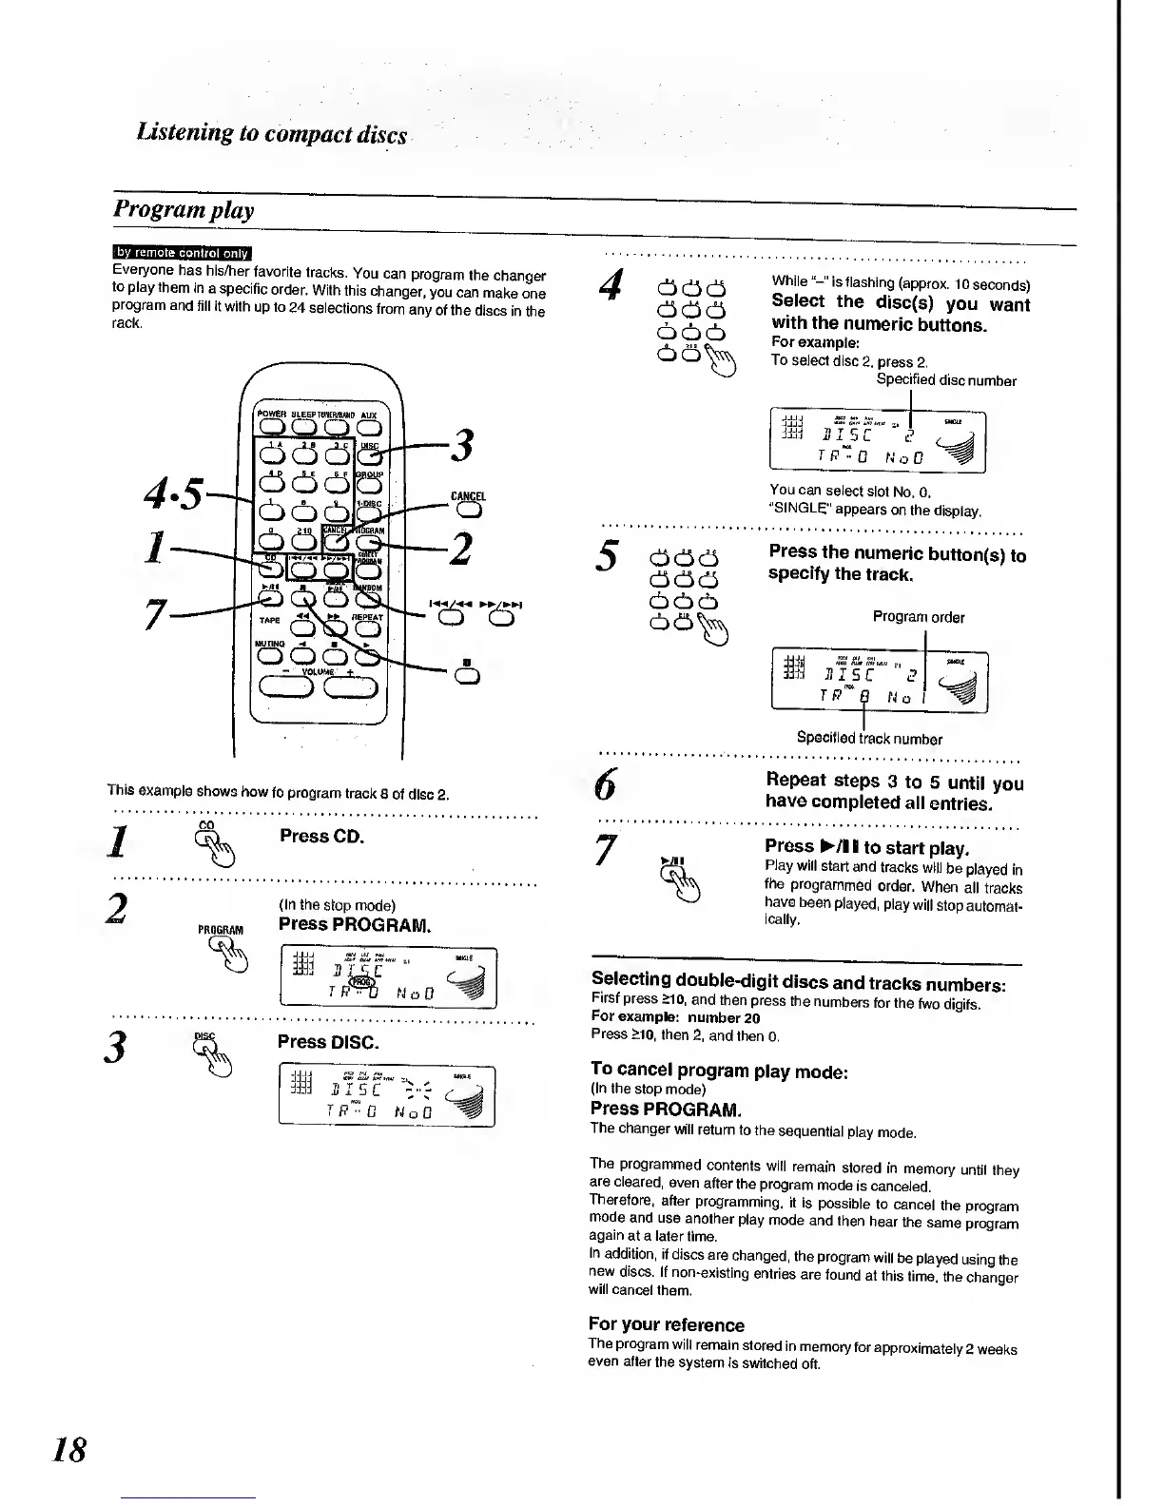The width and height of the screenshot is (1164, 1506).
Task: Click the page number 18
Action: click(69, 1449)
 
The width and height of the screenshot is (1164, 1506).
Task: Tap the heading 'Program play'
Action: click(184, 209)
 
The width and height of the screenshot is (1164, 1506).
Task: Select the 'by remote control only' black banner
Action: click(182, 253)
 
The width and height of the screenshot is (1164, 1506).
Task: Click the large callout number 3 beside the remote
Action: click(464, 446)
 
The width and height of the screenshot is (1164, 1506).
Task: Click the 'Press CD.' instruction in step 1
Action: click(321, 837)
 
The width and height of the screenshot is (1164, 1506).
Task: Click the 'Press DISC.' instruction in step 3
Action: click(327, 1041)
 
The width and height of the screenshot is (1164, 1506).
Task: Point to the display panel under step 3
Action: click(386, 1096)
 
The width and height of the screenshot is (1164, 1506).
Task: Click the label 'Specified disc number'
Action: click(945, 381)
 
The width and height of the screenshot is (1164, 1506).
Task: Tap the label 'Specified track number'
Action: click(869, 738)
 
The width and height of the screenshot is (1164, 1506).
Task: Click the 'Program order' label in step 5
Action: click(918, 617)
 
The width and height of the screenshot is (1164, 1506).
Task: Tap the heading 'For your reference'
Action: click(666, 1324)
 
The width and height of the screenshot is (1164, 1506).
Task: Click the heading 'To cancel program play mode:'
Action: click(718, 1071)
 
